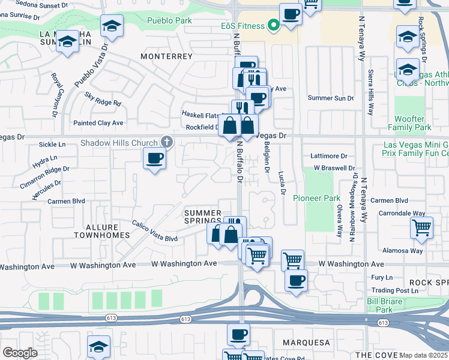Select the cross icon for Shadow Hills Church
click(167, 142)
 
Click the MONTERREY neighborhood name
click(166, 56)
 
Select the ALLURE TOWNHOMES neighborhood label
click(101, 231)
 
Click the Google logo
click(20, 353)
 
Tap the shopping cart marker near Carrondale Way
click(422, 228)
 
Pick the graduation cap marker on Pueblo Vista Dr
click(112, 26)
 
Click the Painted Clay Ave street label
click(98, 123)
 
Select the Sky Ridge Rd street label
click(103, 99)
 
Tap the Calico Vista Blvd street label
click(155, 238)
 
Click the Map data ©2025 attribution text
click(423, 355)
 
